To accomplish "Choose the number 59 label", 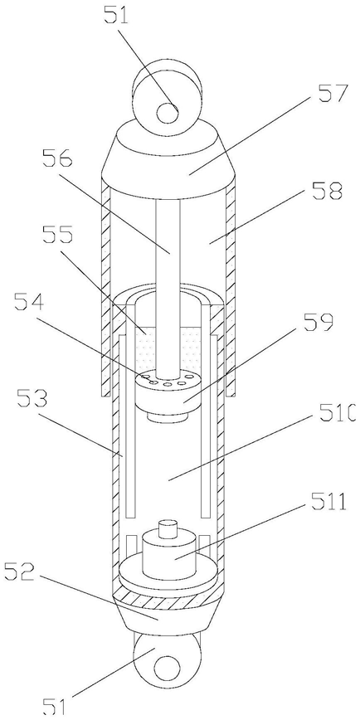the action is (316, 322).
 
